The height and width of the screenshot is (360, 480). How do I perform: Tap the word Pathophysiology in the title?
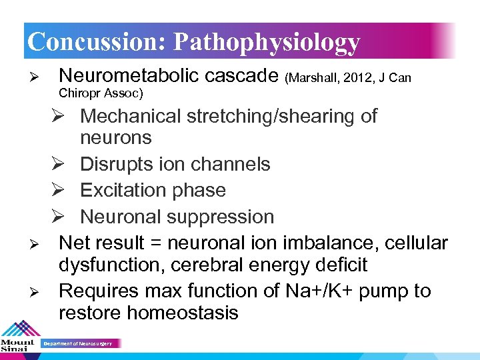(267, 42)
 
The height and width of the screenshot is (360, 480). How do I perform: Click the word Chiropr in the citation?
(81, 92)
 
